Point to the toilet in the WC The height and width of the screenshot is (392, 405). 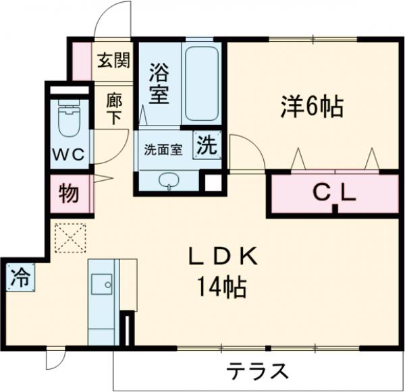pyautogui.click(x=68, y=121)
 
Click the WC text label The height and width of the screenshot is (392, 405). pyautogui.click(x=68, y=155)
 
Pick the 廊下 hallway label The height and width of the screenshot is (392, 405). pyautogui.click(x=114, y=108)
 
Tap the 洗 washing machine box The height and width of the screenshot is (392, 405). pyautogui.click(x=207, y=144)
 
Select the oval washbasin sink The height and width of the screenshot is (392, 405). pyautogui.click(x=168, y=180)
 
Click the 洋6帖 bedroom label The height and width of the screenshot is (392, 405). pyautogui.click(x=312, y=106)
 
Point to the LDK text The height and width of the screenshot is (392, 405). pyautogui.click(x=221, y=257)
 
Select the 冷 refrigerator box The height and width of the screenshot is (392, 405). pyautogui.click(x=21, y=277)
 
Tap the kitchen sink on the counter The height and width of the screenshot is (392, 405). pyautogui.click(x=103, y=285)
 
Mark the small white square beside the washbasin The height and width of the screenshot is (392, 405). pyautogui.click(x=213, y=183)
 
